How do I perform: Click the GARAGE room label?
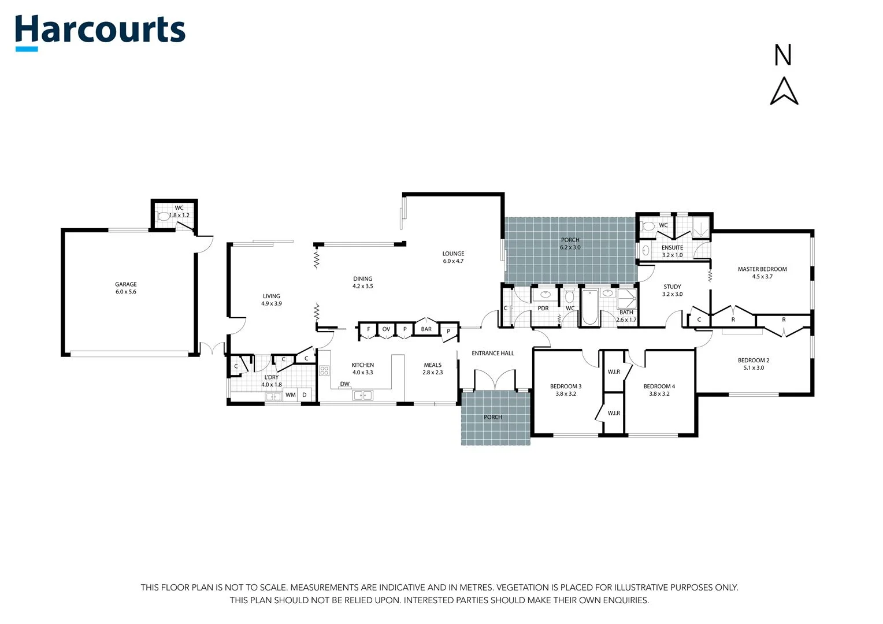click(125, 284)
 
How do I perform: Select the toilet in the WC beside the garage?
click(164, 217)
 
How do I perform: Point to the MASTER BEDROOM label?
click(762, 269)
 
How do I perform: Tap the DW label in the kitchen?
click(344, 384)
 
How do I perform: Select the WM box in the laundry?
click(290, 395)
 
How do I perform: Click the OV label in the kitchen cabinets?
click(386, 329)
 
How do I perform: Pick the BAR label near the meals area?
click(426, 329)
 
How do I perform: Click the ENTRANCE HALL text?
click(492, 353)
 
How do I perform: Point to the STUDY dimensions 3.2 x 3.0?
click(672, 294)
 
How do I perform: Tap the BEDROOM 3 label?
click(565, 387)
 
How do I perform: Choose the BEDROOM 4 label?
click(659, 387)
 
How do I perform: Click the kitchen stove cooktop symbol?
click(324, 370)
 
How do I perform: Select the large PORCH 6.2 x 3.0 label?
click(570, 240)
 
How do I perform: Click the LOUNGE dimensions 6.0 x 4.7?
click(453, 261)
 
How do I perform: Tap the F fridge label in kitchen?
click(368, 329)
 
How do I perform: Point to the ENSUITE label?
click(672, 247)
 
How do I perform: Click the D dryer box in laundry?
click(305, 395)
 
